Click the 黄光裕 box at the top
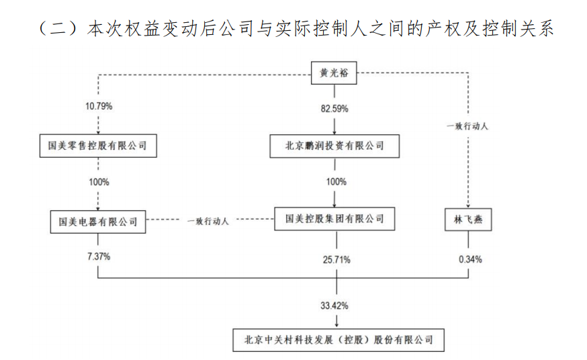pos(334,74)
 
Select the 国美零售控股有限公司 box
pos(98,145)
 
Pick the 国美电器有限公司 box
pos(98,220)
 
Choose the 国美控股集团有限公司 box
pos(334,219)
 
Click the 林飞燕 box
pos(468,220)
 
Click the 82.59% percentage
pos(334,107)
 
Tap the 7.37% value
pos(98,257)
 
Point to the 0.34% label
pos(468,258)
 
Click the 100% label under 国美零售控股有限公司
pos(98,182)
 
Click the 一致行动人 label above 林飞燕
pos(468,125)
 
